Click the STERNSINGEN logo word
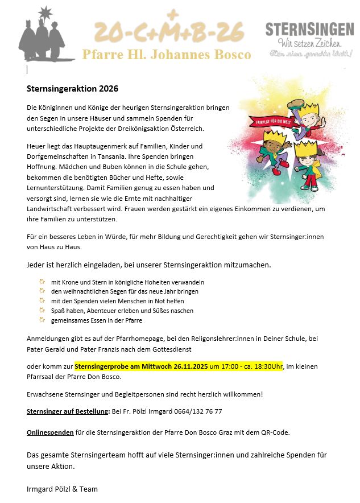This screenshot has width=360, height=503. coord(309,29)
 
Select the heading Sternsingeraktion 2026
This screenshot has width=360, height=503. coord(72,89)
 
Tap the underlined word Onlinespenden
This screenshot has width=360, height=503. coord(50,432)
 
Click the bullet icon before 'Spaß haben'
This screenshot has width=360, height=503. coord(42,310)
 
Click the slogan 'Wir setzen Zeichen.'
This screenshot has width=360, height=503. coord(309,43)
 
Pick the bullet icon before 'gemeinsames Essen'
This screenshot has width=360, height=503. coord(42,320)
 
